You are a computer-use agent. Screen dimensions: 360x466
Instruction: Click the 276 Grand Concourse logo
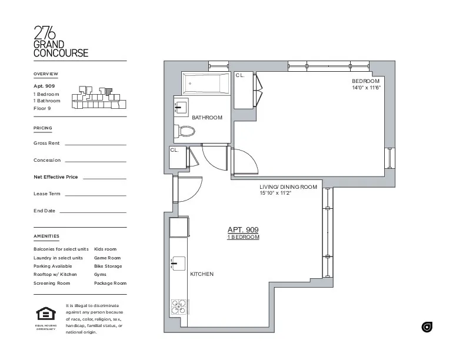point(61,42)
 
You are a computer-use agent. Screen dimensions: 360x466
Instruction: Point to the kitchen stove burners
point(179,306)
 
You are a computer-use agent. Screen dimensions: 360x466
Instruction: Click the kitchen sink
point(178,264)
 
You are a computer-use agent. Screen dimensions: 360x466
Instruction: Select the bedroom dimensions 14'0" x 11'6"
point(366,88)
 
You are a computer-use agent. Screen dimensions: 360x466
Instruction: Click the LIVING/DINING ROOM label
point(288,187)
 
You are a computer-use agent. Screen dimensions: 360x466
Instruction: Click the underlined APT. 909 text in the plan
point(243,230)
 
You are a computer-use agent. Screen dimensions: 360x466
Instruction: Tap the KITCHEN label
point(202,275)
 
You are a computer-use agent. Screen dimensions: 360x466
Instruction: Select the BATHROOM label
point(207,118)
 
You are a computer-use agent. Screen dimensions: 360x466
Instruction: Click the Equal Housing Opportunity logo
point(45,316)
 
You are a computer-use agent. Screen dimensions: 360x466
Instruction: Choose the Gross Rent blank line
point(95,144)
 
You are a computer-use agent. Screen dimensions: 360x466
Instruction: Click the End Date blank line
point(92,212)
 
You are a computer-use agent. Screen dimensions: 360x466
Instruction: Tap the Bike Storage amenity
point(108,266)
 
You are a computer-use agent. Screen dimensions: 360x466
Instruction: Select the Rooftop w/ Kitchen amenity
point(55,275)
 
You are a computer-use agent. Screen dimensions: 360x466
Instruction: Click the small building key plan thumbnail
point(99,98)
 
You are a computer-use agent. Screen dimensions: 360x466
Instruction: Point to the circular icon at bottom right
point(427,326)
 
